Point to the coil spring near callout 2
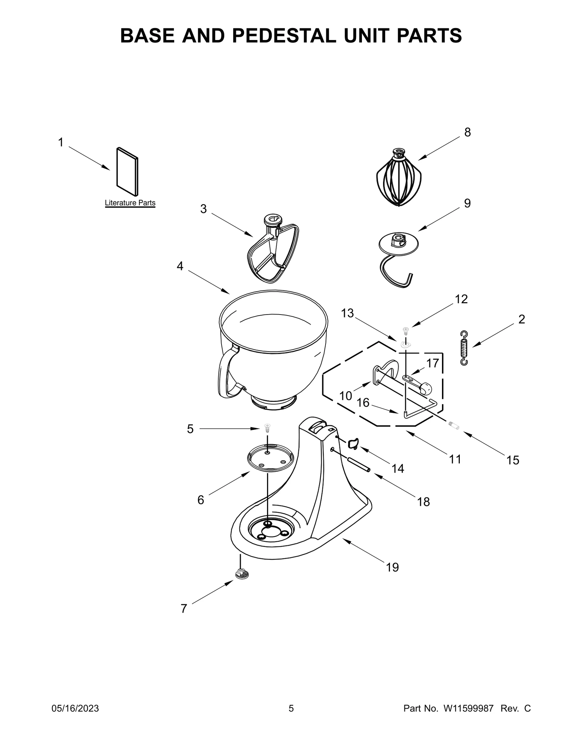[464, 348]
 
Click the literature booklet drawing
[127, 171]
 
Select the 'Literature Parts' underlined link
[130, 203]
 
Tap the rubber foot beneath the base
[241, 574]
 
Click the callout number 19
[392, 567]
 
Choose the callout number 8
[468, 132]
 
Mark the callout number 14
[398, 469]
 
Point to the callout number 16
[363, 402]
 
